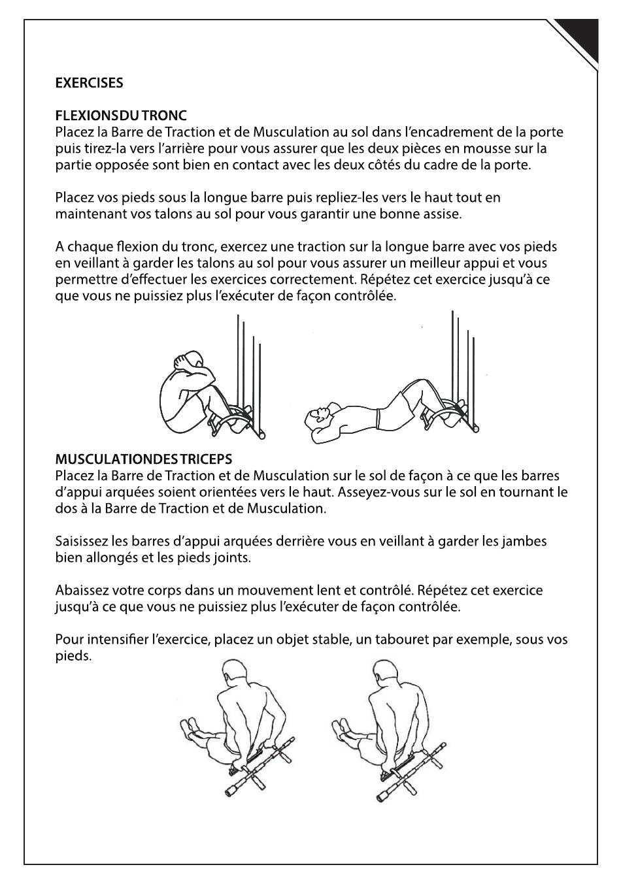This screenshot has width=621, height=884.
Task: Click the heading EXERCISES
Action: pyautogui.click(x=89, y=83)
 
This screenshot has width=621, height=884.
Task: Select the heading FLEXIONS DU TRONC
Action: pyautogui.click(x=121, y=116)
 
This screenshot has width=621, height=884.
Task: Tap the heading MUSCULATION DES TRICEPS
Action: pyautogui.click(x=144, y=459)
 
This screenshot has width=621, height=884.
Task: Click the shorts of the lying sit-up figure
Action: pyautogui.click(x=391, y=410)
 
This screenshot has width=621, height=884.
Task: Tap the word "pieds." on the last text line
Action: pyautogui.click(x=73, y=656)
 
